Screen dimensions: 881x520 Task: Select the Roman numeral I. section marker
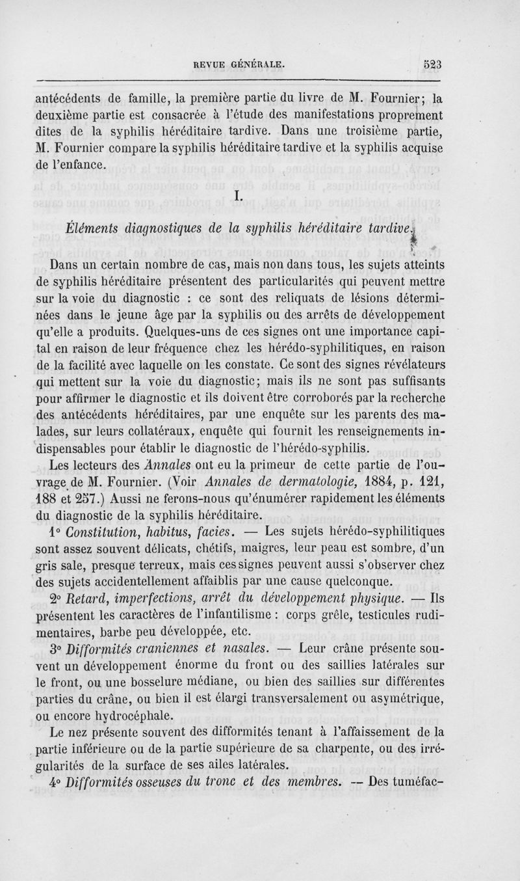coord(238,195)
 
